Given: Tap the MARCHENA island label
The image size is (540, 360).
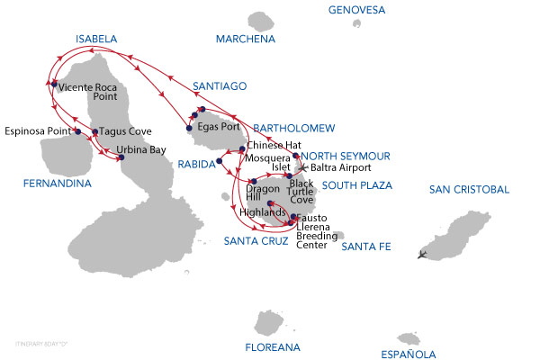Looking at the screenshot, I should tap(246, 40).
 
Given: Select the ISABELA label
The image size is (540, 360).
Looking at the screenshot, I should tap(97, 40).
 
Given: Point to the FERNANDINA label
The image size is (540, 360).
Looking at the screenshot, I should tap(58, 184).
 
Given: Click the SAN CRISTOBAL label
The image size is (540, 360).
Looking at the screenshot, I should tap(469, 190).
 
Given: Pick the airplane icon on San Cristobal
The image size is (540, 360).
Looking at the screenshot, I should tap(424, 254).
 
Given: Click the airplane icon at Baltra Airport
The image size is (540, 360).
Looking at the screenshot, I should tap(303, 167).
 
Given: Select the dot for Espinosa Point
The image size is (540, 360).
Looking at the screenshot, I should tap(77, 131).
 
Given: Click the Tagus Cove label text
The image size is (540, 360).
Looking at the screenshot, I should tap(126, 131).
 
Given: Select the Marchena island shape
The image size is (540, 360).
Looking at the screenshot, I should tap(261, 20).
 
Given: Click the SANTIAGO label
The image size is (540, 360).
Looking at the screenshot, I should tap(220, 86).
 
